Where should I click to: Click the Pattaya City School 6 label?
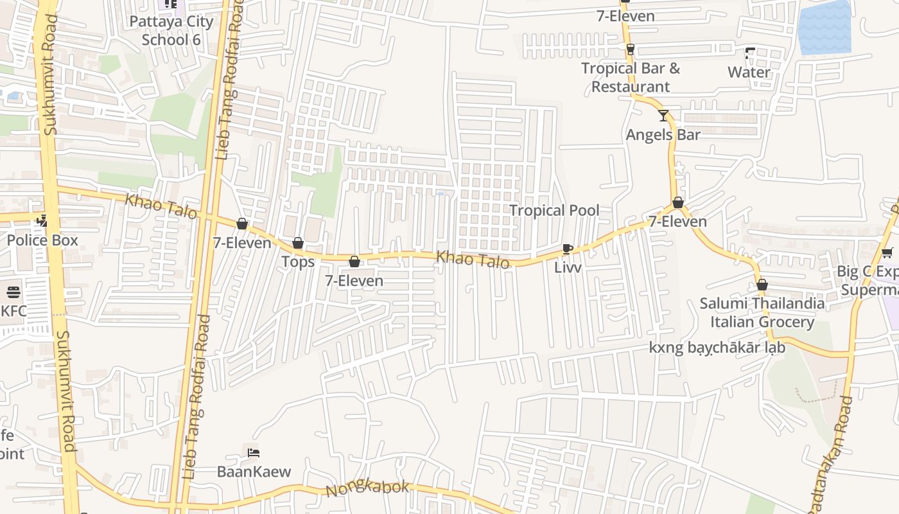(x=171, y=30)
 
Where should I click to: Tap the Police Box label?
(x=42, y=240)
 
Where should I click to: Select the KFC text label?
(x=13, y=311)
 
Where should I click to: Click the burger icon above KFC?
(x=13, y=292)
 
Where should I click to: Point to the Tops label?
(x=298, y=261)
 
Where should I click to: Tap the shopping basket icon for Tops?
(x=298, y=243)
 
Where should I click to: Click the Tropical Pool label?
(x=554, y=210)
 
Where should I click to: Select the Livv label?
(x=568, y=267)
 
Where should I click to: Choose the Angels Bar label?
(x=663, y=134)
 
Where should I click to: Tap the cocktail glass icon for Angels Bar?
(x=663, y=116)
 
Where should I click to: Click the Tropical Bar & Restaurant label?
(x=631, y=77)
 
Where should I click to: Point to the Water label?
(x=749, y=72)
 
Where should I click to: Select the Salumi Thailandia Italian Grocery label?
(x=762, y=312)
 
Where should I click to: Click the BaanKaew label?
(x=254, y=471)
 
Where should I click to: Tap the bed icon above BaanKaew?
(x=254, y=452)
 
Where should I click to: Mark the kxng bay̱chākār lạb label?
(x=717, y=348)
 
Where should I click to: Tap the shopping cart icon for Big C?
(x=887, y=253)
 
